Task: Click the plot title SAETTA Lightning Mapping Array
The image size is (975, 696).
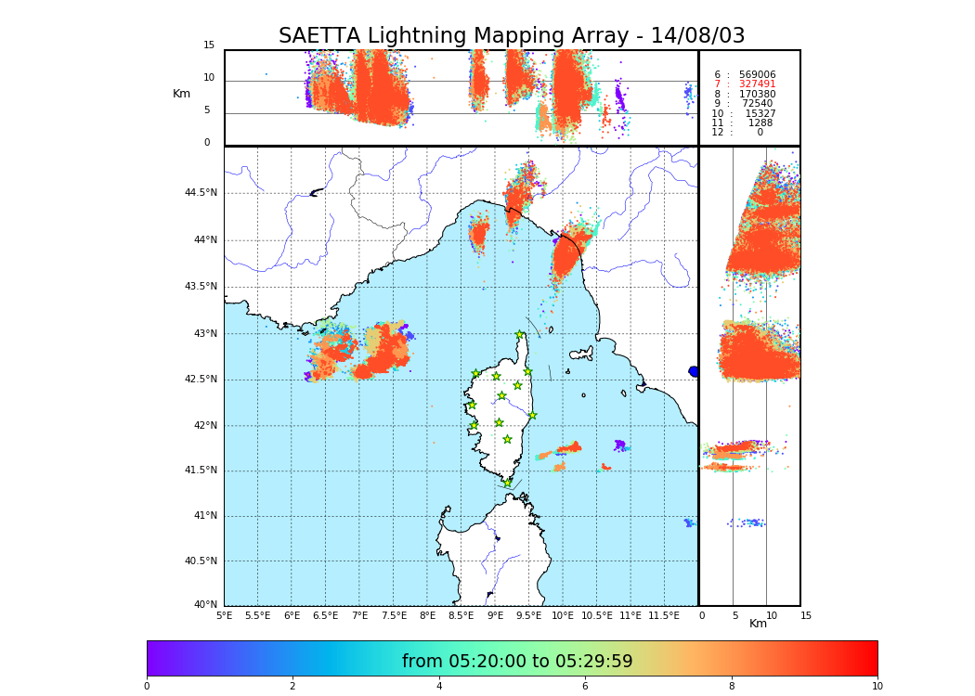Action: click(x=512, y=36)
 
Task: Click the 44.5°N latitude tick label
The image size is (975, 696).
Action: click(x=201, y=193)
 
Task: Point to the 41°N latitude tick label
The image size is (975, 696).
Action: click(x=204, y=516)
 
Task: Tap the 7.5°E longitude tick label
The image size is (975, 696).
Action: click(x=394, y=615)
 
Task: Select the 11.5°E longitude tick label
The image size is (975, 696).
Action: click(x=663, y=615)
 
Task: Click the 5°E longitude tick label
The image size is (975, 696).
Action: click(x=224, y=615)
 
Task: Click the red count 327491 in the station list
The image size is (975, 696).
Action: click(x=757, y=84)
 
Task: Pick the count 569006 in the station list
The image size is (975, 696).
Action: click(x=757, y=75)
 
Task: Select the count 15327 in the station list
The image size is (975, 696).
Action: click(x=760, y=114)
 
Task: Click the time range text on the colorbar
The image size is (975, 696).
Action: click(x=517, y=662)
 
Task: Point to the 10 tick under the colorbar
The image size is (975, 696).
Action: click(x=877, y=687)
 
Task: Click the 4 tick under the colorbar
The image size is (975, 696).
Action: click(x=439, y=687)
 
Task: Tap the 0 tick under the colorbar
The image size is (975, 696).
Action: click(x=147, y=687)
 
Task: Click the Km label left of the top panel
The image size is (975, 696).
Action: click(x=181, y=94)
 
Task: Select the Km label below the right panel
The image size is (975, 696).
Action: click(x=758, y=624)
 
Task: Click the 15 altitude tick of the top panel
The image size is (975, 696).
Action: click(x=209, y=45)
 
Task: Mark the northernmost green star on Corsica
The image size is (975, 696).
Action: click(x=520, y=335)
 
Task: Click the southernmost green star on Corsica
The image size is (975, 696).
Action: click(x=507, y=483)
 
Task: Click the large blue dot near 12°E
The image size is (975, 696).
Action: click(x=694, y=371)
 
